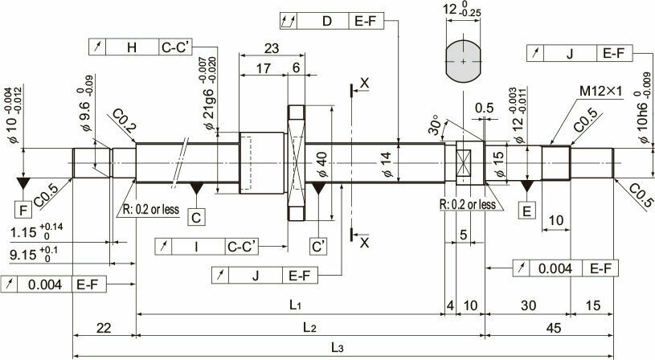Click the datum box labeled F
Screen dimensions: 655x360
[23, 210]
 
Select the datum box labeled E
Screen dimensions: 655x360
[526, 210]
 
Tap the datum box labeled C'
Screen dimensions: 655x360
[318, 247]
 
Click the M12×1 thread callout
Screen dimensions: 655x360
[600, 91]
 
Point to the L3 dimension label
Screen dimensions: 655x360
[337, 347]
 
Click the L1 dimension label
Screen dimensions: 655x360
[295, 305]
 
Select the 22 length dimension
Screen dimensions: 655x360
[104, 328]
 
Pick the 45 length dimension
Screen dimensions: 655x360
[553, 328]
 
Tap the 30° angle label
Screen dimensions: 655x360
[435, 125]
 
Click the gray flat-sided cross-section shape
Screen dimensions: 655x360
[463, 61]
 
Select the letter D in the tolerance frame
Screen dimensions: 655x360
[326, 21]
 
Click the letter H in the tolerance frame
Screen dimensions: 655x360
[132, 47]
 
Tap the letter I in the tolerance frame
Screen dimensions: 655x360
[196, 247]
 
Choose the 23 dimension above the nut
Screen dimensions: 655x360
[272, 48]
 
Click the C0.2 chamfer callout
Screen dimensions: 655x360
[124, 121]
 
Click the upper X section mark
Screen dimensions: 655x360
[364, 83]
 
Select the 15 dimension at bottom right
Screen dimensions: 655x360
[592, 305]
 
